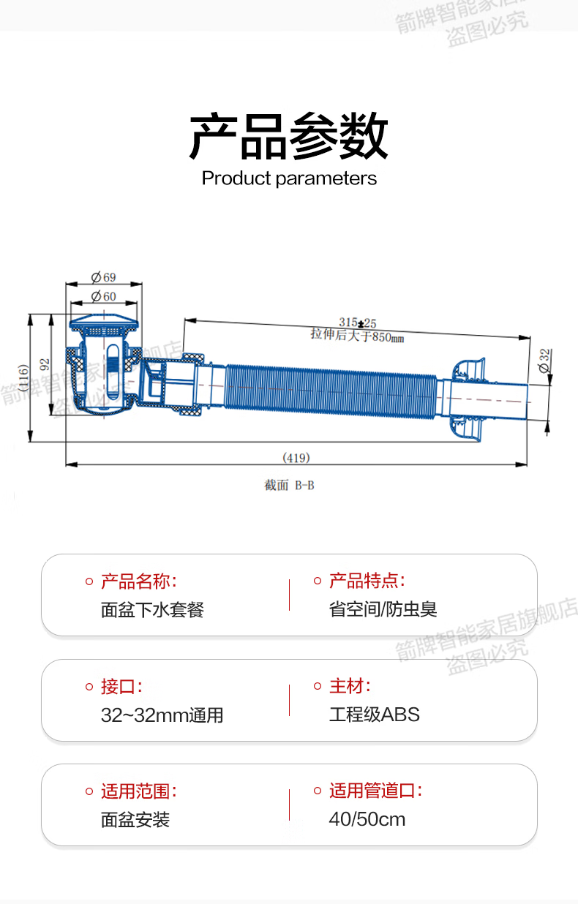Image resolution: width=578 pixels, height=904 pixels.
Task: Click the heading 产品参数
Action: [x=288, y=136]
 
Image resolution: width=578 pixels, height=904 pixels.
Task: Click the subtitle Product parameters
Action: [x=289, y=178]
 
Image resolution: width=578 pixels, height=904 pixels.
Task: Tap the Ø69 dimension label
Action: [x=103, y=277]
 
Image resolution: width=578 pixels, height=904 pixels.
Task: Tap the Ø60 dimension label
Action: [x=103, y=296]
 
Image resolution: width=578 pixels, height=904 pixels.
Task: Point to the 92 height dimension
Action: [x=45, y=364]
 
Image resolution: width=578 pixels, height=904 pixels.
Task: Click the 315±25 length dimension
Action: [x=357, y=323]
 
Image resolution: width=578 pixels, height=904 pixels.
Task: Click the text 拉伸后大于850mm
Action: [x=357, y=336]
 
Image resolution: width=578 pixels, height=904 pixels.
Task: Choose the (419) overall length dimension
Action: [x=296, y=458]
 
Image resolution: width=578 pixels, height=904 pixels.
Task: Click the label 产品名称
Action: [x=138, y=582]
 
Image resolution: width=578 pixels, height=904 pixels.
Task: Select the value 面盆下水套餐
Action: [x=152, y=610]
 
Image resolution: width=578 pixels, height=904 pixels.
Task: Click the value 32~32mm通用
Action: [x=162, y=715]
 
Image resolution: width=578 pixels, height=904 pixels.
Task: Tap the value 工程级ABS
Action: [x=375, y=715]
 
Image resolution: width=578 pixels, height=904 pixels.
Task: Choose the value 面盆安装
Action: [x=135, y=820]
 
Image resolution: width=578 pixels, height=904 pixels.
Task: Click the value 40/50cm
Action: [x=367, y=820]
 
